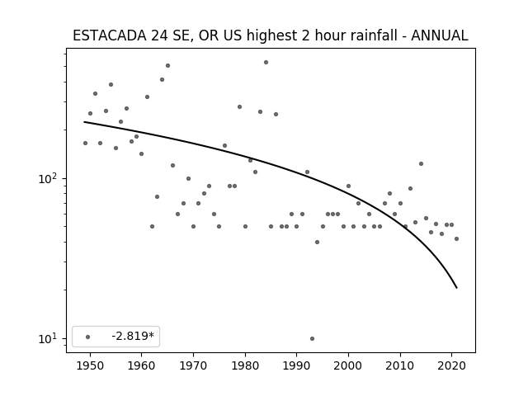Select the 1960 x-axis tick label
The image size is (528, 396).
point(141,365)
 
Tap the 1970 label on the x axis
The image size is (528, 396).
point(193,365)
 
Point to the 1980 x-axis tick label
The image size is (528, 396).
point(245,365)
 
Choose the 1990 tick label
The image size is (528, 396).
point(297,365)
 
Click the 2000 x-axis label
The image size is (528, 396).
point(348,365)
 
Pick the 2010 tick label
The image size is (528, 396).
point(400,365)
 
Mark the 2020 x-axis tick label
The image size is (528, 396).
point(452,365)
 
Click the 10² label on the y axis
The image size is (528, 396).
point(47,178)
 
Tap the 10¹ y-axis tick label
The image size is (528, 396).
point(47,338)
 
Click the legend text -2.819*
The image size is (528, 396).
point(133,336)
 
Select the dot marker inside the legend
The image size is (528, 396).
point(88,337)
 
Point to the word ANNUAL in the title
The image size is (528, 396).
point(440,35)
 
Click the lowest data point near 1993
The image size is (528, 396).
point(312,338)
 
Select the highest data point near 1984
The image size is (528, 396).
point(266,63)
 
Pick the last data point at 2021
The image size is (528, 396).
point(456,238)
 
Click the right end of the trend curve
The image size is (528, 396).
point(456,288)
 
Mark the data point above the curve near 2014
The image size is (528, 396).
point(421,163)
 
